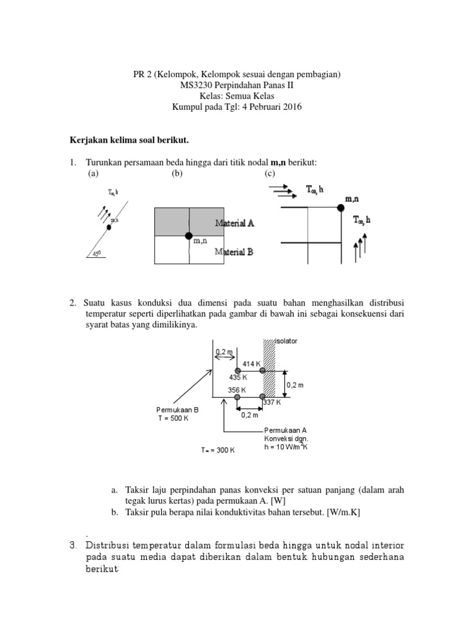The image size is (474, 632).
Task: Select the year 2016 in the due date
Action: (289, 107)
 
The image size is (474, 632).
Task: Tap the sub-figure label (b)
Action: (178, 173)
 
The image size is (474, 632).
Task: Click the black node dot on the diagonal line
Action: (109, 227)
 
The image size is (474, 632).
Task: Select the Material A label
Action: (234, 223)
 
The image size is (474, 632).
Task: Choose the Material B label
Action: (234, 251)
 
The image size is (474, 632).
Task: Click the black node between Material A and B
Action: (189, 236)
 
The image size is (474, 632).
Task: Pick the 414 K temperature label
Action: (252, 364)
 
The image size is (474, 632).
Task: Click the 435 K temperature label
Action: (238, 376)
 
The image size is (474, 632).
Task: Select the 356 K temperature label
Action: (236, 390)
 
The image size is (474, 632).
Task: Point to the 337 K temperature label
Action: (272, 402)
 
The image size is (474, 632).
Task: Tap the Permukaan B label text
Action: (177, 409)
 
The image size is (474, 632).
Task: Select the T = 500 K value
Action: (173, 418)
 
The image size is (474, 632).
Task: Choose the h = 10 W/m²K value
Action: (285, 447)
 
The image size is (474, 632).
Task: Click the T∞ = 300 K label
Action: (218, 451)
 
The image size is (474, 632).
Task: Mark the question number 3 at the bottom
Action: (72, 545)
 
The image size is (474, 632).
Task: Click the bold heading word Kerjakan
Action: (87, 141)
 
